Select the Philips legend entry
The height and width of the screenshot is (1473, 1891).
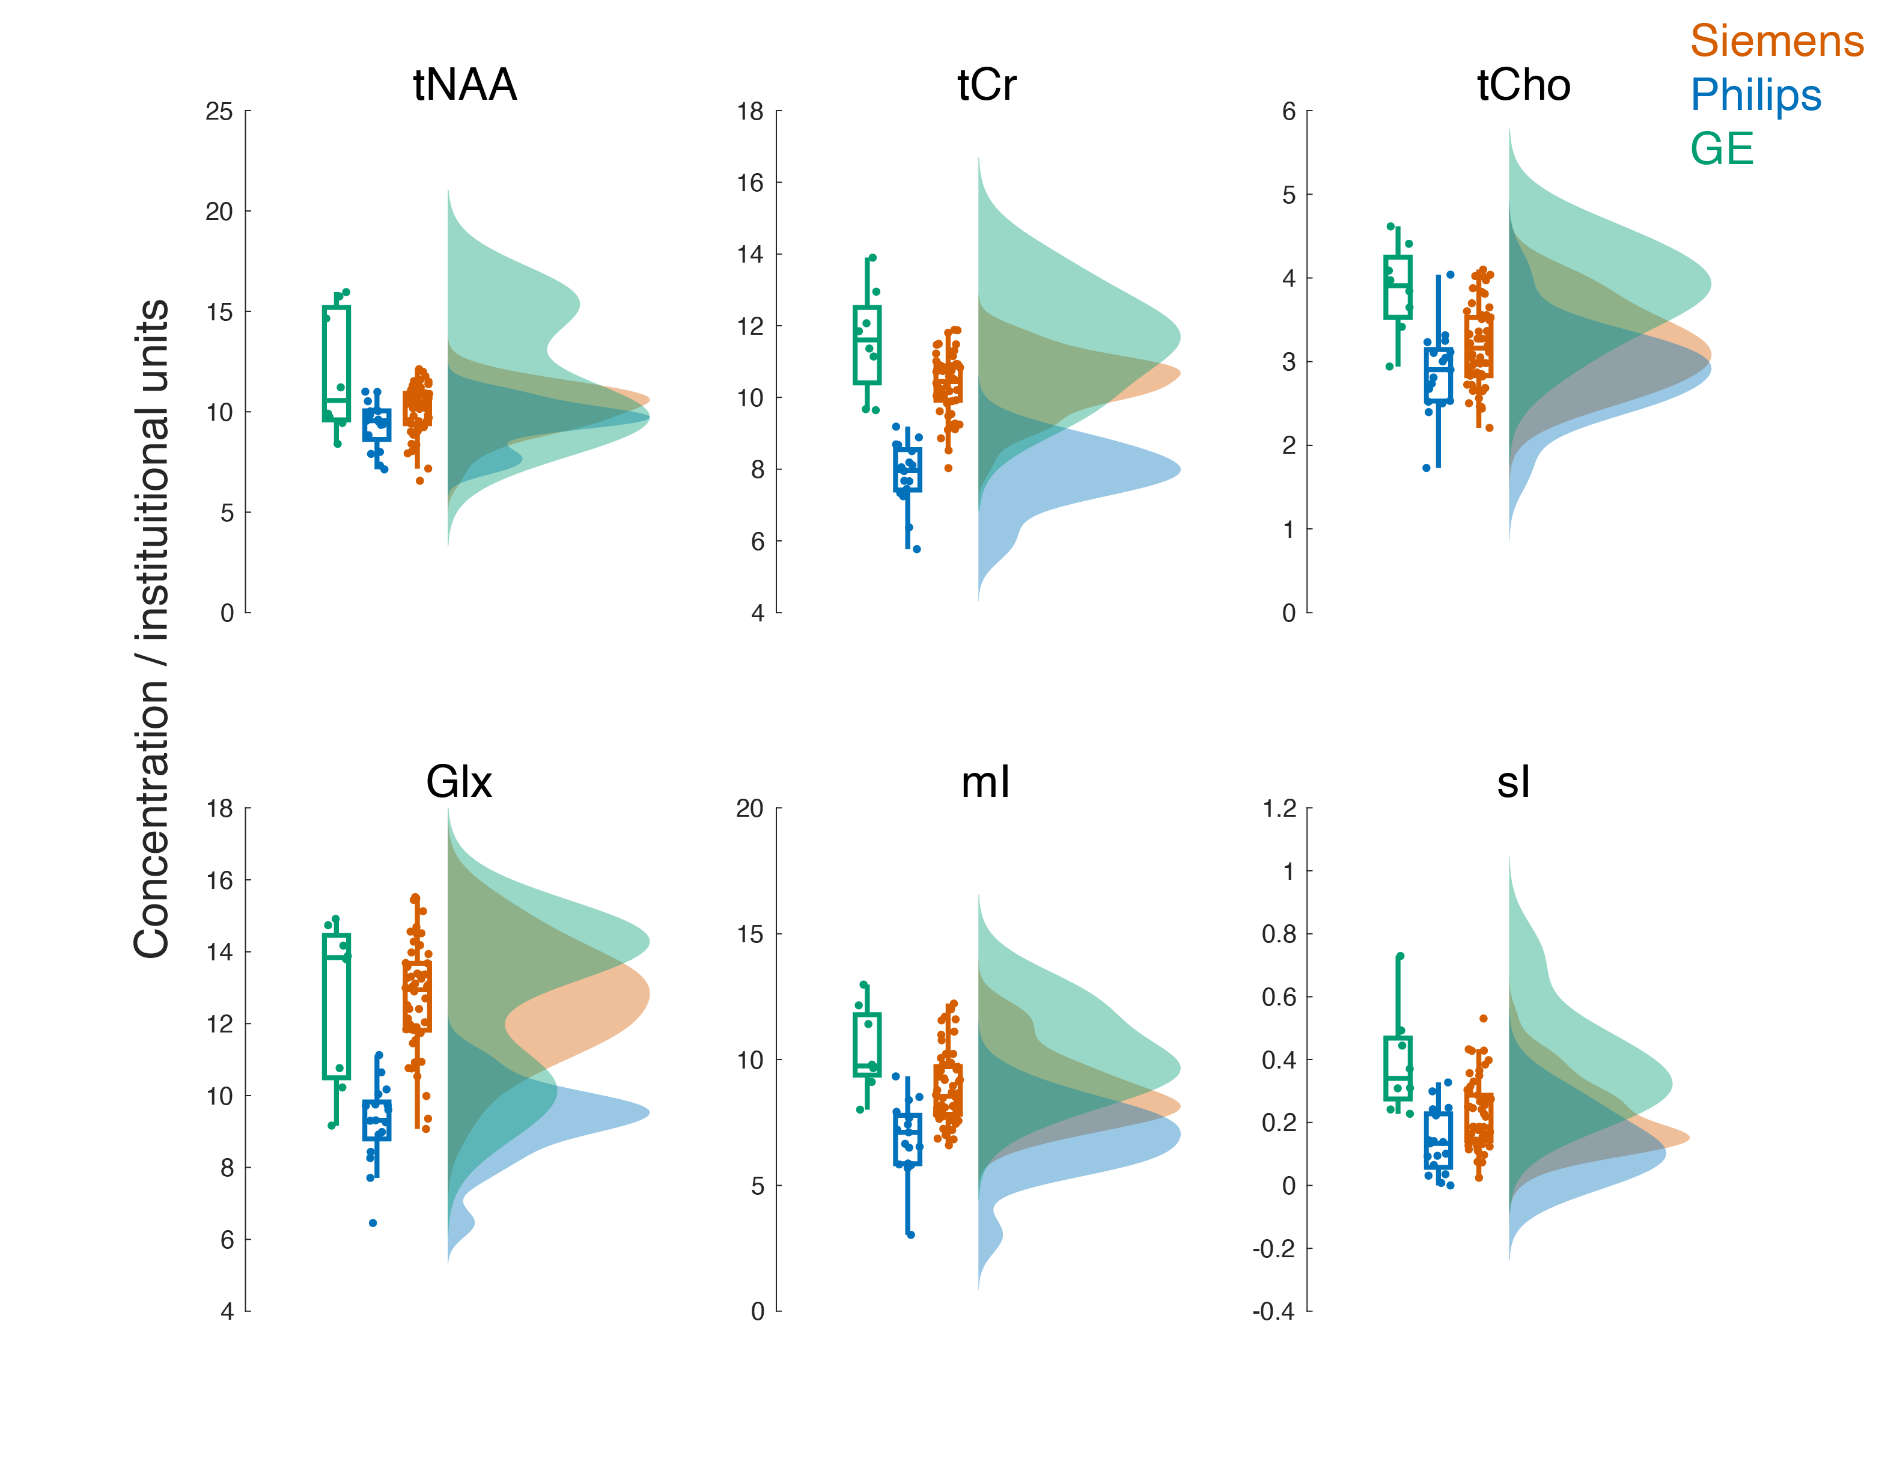click(x=1756, y=96)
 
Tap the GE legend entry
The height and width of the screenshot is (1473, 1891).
click(x=1722, y=149)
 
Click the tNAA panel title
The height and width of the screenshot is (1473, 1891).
click(x=465, y=85)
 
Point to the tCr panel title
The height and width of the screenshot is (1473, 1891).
click(x=987, y=85)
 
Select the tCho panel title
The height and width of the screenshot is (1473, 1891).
click(x=1523, y=85)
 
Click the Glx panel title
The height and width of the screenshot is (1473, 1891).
click(x=459, y=782)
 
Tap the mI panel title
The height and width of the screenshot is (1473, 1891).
click(x=985, y=782)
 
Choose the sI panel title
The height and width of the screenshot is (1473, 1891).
click(x=1514, y=782)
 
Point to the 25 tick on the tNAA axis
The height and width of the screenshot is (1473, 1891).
click(x=219, y=111)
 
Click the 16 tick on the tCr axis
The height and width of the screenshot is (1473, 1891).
click(x=750, y=183)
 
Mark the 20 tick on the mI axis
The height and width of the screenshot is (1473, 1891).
click(x=750, y=809)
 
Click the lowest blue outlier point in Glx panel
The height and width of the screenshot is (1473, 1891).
click(x=373, y=1223)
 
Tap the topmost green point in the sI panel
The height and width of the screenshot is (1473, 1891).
click(x=1400, y=956)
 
